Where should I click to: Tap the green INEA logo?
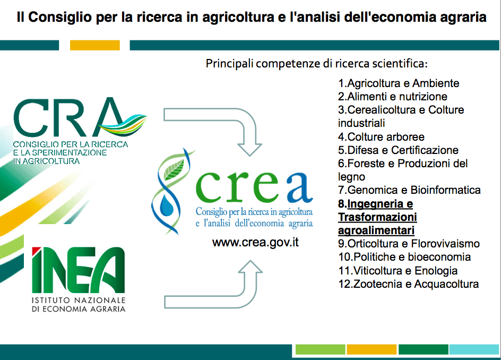tap(79, 270)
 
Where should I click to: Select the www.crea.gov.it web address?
tap(255, 242)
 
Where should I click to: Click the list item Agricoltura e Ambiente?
tap(399, 83)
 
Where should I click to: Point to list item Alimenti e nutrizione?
tap(393, 97)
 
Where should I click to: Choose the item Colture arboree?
tap(381, 137)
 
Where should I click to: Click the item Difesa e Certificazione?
tap(398, 150)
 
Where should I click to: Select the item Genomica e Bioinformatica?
tap(409, 190)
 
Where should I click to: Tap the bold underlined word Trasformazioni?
tap(377, 217)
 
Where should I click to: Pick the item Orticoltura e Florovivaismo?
tap(409, 244)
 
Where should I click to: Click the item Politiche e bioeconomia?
tap(404, 257)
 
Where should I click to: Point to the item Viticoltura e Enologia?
tap(398, 271)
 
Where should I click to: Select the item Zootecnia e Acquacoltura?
tap(408, 284)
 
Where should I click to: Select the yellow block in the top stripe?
tap(95, 45)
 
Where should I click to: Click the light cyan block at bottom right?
tap(474, 349)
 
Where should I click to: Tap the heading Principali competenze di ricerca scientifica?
tap(317, 64)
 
